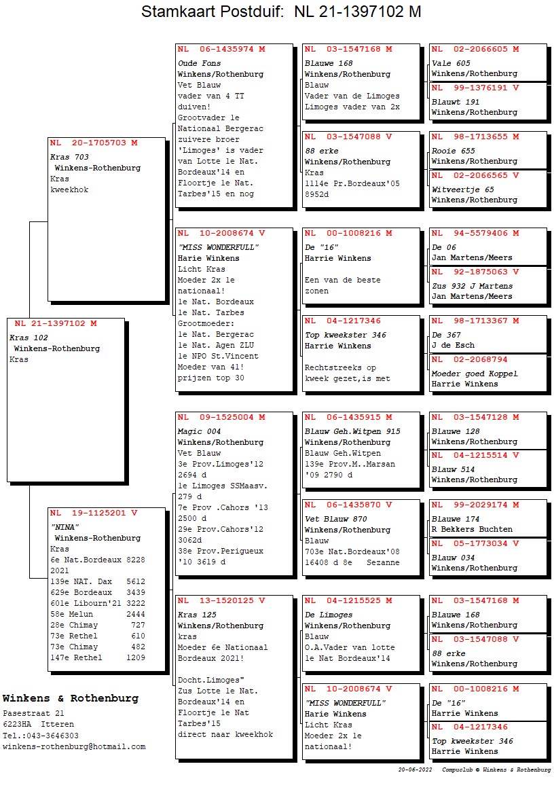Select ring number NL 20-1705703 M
point(94,143)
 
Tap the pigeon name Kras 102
point(29,338)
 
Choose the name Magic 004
point(199,431)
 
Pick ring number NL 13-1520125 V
point(221,601)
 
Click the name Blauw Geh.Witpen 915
point(352,431)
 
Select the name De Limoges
point(329,615)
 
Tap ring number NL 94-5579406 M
point(475,234)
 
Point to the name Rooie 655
point(454,151)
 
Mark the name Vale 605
point(451,63)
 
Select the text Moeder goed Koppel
point(475,374)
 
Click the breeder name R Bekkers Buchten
point(472,529)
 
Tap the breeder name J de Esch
point(454,345)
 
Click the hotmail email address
point(74,746)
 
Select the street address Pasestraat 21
point(33,714)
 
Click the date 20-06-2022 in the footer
point(415,770)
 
